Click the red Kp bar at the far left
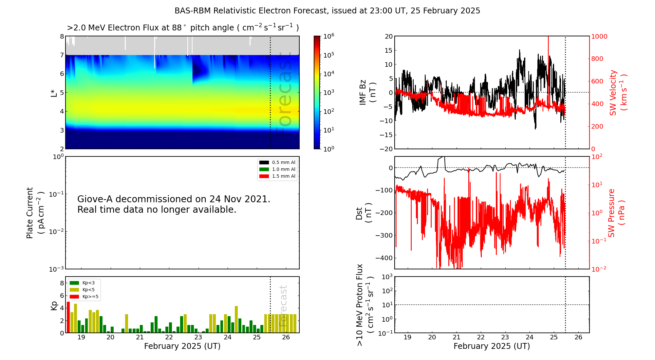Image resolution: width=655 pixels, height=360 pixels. click(x=68, y=317)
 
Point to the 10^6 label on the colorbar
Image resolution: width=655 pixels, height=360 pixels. click(x=328, y=36)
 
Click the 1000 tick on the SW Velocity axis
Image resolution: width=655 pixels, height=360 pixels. click(x=599, y=36)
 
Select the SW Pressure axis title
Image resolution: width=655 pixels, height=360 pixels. click(x=616, y=213)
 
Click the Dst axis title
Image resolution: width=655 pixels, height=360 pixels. click(x=364, y=213)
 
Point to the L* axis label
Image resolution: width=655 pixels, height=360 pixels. click(x=54, y=93)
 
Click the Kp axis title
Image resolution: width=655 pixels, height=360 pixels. click(x=54, y=305)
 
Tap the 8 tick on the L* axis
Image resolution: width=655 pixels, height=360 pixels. click(x=62, y=36)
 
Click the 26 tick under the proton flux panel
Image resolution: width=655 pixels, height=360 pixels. click(x=578, y=337)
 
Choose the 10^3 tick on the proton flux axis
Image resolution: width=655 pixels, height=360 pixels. click(x=387, y=277)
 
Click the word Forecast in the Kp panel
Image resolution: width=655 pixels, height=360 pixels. click(x=283, y=306)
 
